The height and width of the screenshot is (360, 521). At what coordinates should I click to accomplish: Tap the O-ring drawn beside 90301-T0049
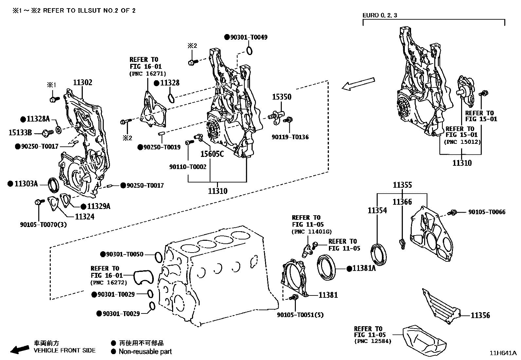click(249, 51)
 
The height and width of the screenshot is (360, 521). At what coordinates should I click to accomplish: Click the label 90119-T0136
click(290, 137)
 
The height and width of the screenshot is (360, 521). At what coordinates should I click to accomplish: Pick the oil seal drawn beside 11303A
click(54, 184)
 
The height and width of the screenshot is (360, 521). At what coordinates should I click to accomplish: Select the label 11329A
click(98, 206)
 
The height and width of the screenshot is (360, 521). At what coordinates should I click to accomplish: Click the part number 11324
click(84, 217)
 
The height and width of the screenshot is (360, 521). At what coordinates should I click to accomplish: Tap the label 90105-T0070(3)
click(43, 225)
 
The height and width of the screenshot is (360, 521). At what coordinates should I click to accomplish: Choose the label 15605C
click(212, 154)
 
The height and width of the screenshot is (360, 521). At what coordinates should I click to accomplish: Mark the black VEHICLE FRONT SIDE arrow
click(20, 349)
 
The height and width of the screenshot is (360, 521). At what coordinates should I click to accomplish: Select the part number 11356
click(480, 315)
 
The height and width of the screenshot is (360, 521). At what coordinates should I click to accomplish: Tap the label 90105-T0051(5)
click(300, 315)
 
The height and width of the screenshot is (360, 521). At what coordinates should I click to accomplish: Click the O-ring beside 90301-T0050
click(158, 257)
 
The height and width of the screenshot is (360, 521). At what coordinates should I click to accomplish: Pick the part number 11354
click(377, 210)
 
